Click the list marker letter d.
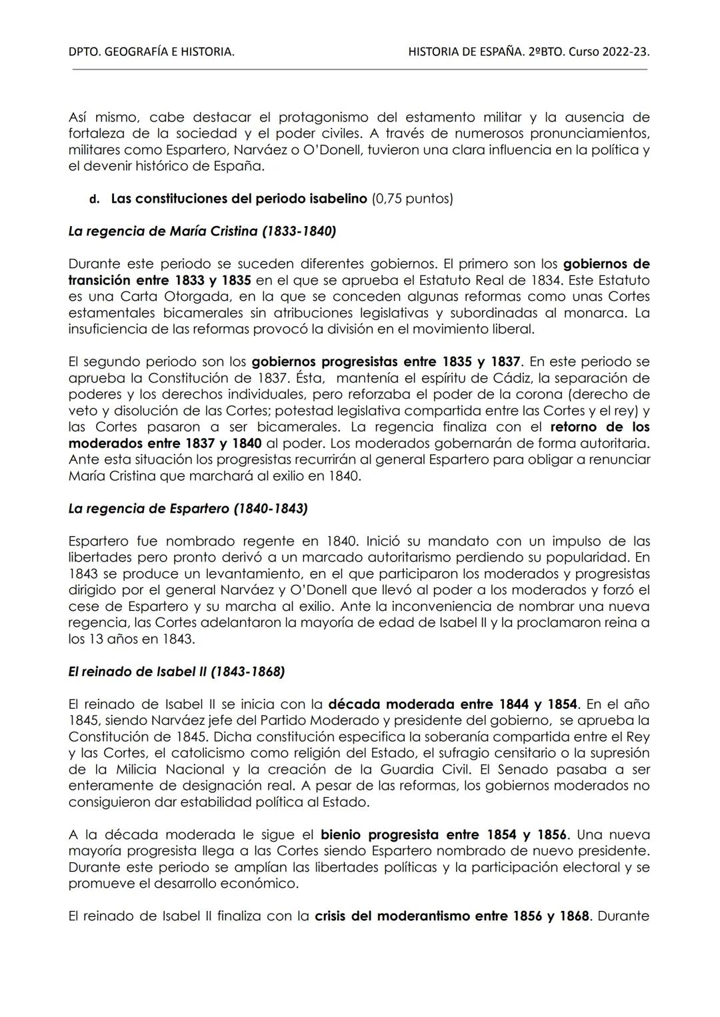click(95, 199)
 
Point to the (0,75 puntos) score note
click(412, 199)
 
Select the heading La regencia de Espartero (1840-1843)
click(188, 509)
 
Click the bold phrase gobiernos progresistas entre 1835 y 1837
click(386, 362)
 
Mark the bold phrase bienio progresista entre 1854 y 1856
click(443, 835)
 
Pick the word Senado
click(514, 770)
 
